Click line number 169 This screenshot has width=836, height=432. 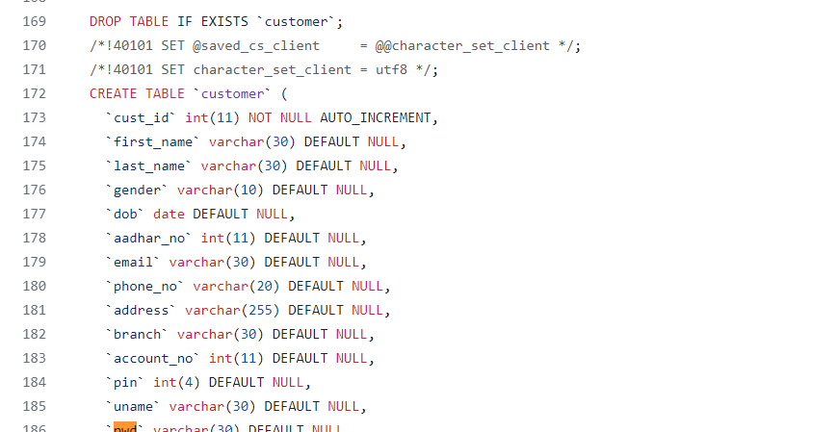[33, 21]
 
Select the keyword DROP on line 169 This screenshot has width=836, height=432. [105, 21]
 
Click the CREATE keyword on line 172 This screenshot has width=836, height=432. [113, 93]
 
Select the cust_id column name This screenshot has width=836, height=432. [141, 117]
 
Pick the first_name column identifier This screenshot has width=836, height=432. [152, 141]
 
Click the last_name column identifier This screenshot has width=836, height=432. [148, 165]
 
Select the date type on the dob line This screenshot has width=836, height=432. [169, 214]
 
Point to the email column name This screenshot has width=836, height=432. [137, 262]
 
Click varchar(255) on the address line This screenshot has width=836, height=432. [232, 310]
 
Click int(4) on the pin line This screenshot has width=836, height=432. [176, 382]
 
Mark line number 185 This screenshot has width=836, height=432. [33, 406]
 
